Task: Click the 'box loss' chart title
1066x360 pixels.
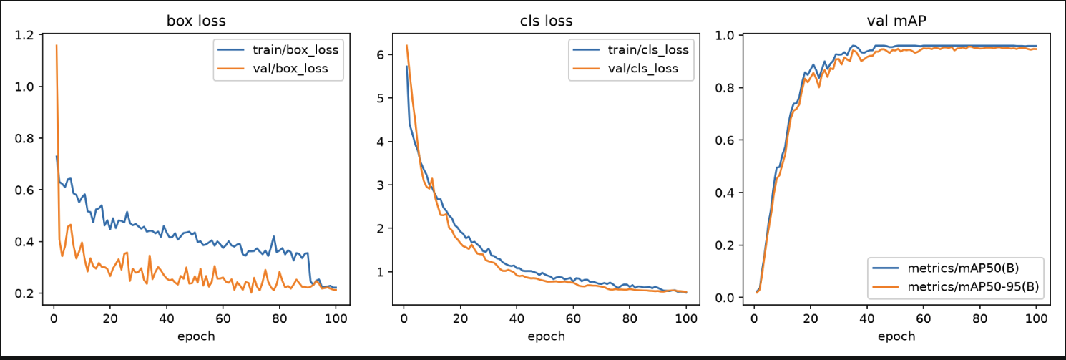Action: [x=196, y=21]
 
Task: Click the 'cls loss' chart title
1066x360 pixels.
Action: [x=547, y=21]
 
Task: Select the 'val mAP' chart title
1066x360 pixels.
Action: [x=896, y=21]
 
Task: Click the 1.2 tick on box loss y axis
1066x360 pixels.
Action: [x=24, y=35]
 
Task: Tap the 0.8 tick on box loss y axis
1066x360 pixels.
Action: [x=24, y=139]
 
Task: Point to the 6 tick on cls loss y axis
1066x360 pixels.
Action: [x=380, y=55]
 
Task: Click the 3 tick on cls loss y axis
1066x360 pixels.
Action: [x=380, y=185]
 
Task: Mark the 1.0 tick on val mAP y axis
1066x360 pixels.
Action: [x=725, y=36]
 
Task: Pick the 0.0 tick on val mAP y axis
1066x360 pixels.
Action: [x=725, y=298]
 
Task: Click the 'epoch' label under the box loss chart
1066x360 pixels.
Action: [x=196, y=336]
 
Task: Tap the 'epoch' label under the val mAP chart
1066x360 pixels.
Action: [x=896, y=336]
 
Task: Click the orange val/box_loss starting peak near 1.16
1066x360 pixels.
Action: [x=57, y=46]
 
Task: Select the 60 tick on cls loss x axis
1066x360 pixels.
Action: [x=573, y=318]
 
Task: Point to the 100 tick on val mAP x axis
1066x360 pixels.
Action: [x=1036, y=318]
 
